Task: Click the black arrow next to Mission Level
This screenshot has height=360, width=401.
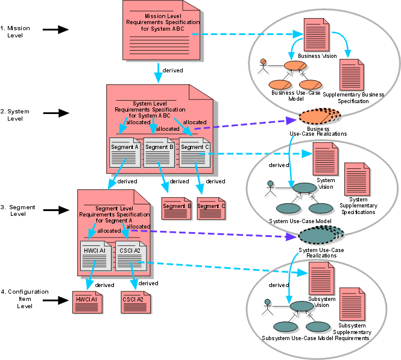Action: coord(55,29)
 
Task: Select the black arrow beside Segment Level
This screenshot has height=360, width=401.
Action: coord(55,210)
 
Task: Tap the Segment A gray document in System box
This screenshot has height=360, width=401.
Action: coord(125,152)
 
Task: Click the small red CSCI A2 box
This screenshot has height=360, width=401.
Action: coord(133,298)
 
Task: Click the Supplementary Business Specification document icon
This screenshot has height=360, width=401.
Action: coord(352,75)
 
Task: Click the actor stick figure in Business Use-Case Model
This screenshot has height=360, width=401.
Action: coord(263,67)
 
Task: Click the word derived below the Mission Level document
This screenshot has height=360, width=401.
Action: coord(174,71)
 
